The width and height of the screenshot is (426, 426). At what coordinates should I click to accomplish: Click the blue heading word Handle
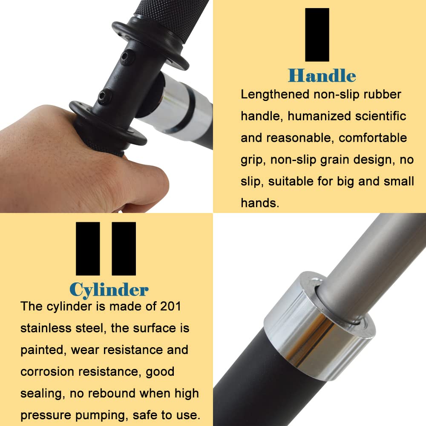pos(322,75)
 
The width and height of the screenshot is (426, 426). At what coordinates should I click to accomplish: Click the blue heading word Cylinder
pos(109,289)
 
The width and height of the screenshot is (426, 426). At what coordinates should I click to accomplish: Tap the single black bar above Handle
pos(317,35)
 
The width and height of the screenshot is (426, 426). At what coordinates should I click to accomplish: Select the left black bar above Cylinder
pos(88,248)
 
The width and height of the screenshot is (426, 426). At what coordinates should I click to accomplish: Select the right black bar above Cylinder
pos(124,248)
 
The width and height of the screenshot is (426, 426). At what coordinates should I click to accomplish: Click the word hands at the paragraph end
pos(259,203)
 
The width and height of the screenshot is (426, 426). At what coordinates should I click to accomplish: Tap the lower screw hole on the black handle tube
pos(103,96)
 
